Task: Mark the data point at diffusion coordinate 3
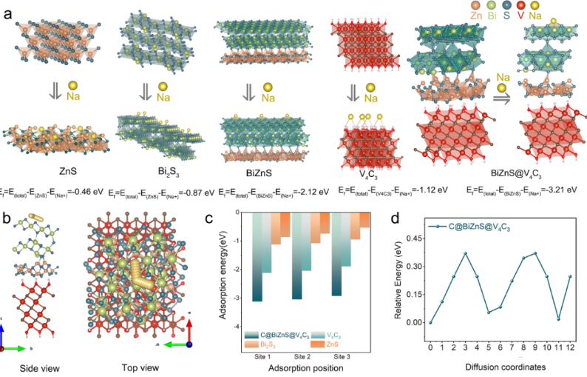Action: (466, 253)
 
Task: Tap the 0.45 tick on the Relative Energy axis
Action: (413, 238)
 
